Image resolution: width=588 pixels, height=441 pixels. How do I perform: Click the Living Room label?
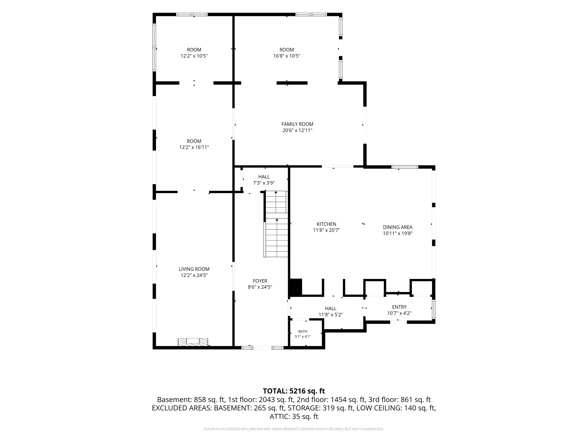[194, 269]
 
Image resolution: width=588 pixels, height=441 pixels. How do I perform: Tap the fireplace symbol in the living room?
[193, 342]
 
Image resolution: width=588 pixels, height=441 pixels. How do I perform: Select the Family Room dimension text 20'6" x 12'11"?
[297, 130]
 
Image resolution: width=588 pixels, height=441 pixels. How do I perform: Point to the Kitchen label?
[326, 224]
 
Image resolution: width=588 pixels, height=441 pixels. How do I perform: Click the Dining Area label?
[398, 227]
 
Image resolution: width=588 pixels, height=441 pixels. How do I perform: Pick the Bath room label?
[303, 332]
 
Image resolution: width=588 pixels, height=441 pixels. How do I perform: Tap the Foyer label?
[260, 281]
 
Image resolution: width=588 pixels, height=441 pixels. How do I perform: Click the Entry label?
[399, 307]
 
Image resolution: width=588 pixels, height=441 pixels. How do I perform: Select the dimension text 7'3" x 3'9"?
[264, 183]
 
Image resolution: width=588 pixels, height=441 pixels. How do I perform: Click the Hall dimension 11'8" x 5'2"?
[331, 315]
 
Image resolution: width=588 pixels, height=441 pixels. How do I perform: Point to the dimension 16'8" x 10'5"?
[287, 56]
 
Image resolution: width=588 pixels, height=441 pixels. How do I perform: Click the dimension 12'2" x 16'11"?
[194, 147]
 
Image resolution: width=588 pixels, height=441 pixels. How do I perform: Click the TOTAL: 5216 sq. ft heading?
[294, 391]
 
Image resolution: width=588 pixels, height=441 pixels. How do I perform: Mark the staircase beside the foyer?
[276, 224]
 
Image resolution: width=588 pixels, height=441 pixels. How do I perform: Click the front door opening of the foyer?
[262, 347]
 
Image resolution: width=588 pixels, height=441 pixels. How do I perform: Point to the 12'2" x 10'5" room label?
[194, 53]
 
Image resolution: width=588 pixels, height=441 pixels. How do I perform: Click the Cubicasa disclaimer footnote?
[294, 429]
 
